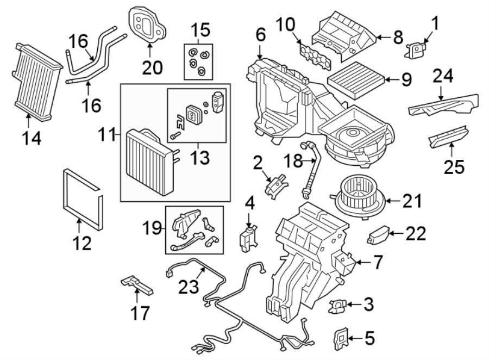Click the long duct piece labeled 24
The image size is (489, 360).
[443, 103]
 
